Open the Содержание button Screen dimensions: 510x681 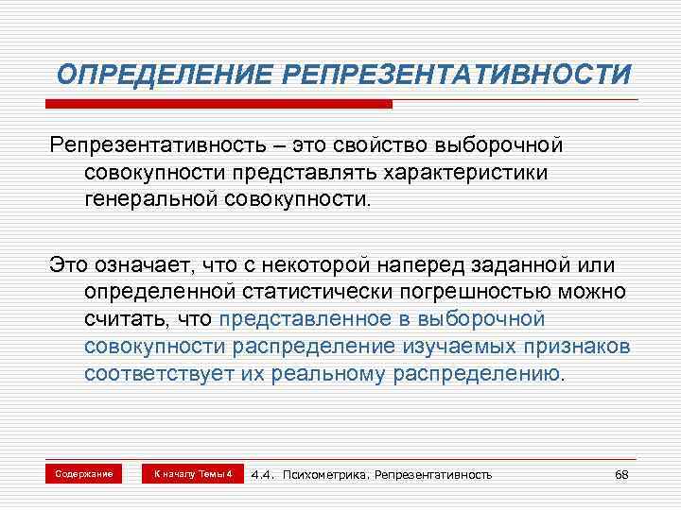84,473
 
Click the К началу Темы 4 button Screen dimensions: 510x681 192,473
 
